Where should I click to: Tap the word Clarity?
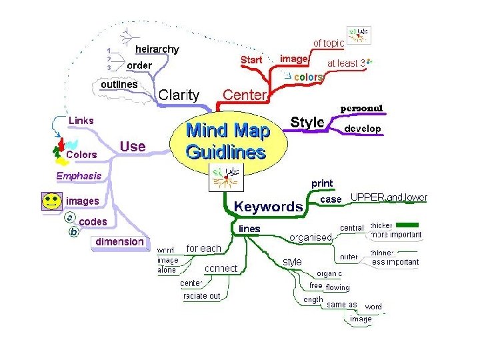tap(178, 95)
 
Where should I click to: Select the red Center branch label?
tap(244, 95)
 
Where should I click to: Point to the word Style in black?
tap(307, 123)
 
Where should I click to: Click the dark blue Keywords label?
tap(268, 207)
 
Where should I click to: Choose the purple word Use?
tap(132, 146)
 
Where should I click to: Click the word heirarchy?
tap(157, 49)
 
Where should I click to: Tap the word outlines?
tap(119, 85)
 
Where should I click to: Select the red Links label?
tap(81, 121)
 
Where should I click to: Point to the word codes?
tap(93, 221)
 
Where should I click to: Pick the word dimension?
tap(119, 241)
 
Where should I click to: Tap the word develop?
tap(363, 128)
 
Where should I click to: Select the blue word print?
tap(323, 183)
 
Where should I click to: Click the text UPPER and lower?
tap(389, 197)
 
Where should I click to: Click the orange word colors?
tap(309, 77)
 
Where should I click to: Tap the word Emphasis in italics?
tap(79, 176)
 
